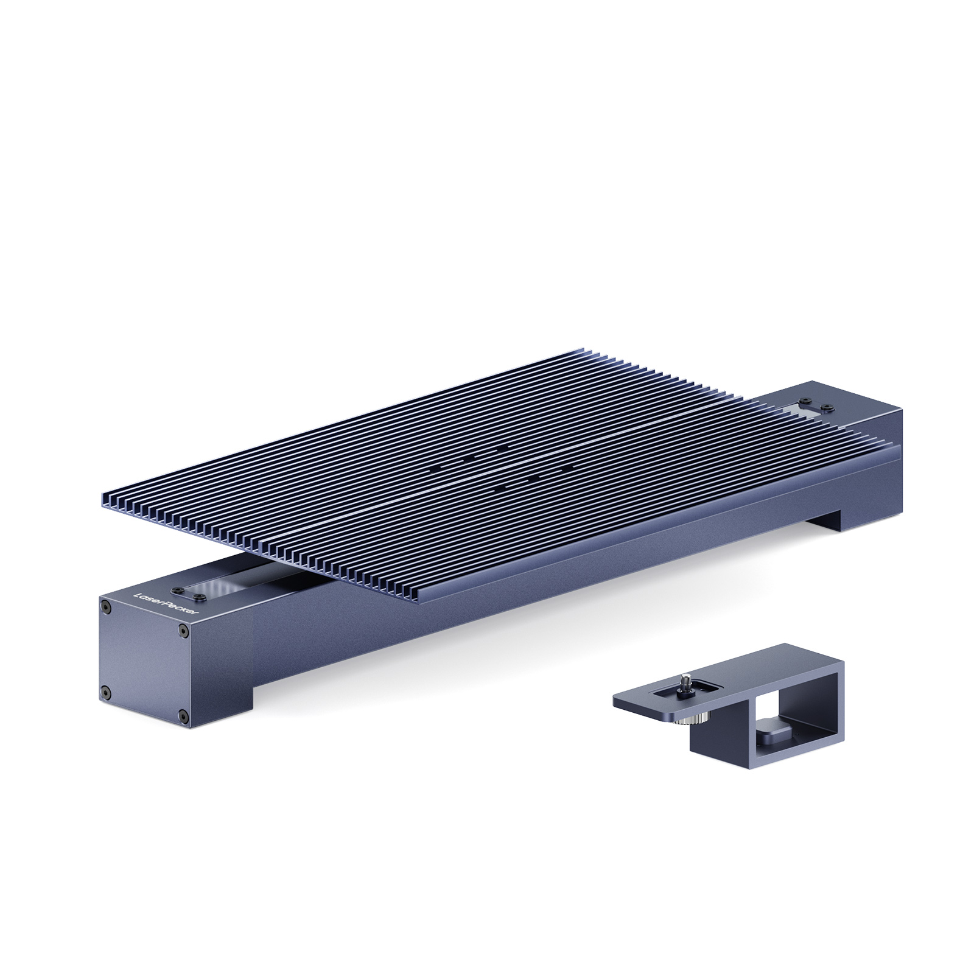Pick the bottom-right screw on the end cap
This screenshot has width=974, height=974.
[181, 716]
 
